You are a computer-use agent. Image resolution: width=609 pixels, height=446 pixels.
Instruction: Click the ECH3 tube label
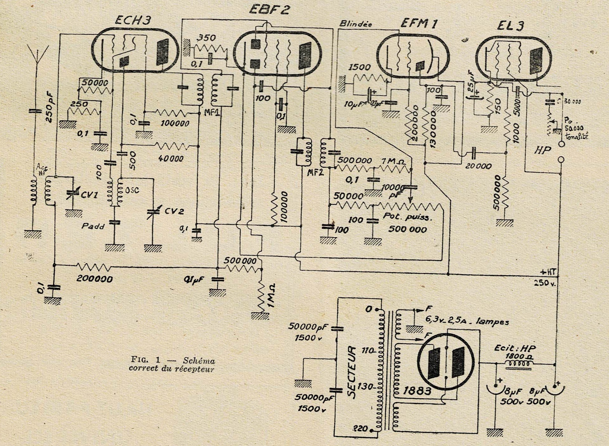tap(133, 21)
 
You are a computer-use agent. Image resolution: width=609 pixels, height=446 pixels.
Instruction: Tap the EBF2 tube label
tap(269, 9)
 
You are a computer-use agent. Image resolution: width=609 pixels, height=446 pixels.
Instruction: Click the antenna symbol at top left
tap(37, 55)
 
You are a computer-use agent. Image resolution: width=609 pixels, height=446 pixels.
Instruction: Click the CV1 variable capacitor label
tap(89, 195)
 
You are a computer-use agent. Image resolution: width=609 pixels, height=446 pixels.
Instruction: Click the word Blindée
tap(355, 24)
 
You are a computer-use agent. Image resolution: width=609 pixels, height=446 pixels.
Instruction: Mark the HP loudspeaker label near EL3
tap(542, 150)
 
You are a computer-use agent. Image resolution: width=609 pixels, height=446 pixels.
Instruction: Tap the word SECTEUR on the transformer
tap(351, 372)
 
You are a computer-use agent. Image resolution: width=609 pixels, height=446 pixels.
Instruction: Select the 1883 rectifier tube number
tap(417, 391)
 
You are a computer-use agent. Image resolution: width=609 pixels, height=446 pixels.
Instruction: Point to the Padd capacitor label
tap(93, 226)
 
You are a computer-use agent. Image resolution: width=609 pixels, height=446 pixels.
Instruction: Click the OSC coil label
tap(132, 191)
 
